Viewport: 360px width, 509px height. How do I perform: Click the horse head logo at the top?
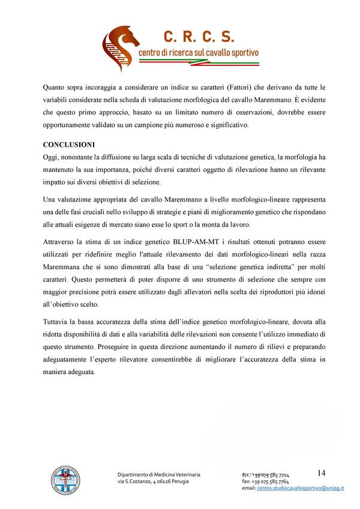[120, 44]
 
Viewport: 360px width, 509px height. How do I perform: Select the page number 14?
[322, 473]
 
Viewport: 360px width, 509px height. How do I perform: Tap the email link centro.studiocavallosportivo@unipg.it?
[300, 489]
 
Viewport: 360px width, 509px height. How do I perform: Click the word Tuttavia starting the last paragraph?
[58, 320]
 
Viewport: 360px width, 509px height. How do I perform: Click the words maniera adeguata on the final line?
[69, 372]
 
